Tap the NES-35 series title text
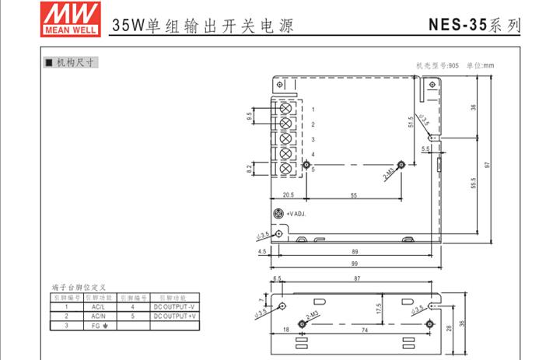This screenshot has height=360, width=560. coord(474,24)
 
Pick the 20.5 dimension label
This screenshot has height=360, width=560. coord(288,195)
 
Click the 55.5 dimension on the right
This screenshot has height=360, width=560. coord(473,183)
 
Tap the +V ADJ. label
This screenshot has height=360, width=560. coord(296,214)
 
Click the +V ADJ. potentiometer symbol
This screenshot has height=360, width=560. coord(275,214)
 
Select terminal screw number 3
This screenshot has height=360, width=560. coord(285,139)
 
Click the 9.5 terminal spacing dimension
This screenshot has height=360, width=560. coord(250,117)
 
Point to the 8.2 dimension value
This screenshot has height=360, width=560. coord(250,168)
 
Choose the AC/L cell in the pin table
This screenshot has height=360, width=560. coord(99,307)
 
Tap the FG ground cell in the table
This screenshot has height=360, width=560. coord(99,326)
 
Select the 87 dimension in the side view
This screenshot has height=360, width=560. coord(357,278)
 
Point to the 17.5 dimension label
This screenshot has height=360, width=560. coord(378,309)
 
